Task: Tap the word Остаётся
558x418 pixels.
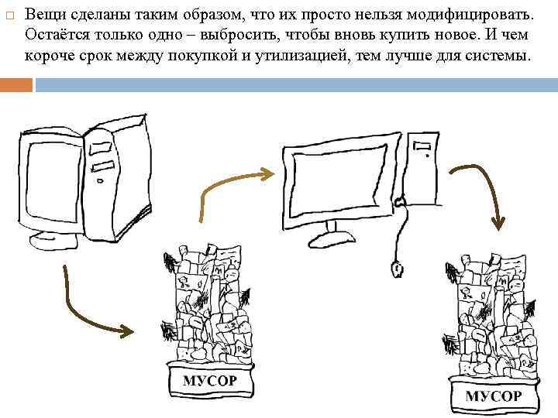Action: click(54, 36)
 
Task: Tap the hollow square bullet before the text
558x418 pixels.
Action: click(9, 15)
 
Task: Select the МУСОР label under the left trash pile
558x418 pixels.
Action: click(209, 381)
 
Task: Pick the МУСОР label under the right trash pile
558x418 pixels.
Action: click(493, 396)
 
